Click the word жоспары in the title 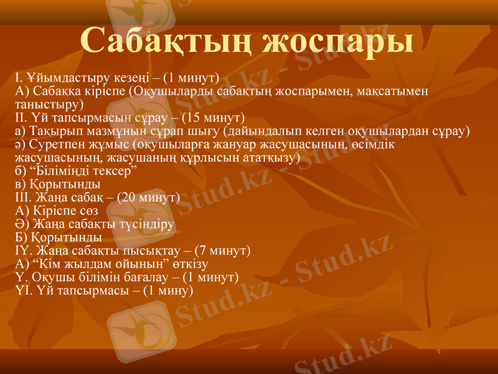coord(339,41)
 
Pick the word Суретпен coord(52,144)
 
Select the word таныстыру coord(46,103)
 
